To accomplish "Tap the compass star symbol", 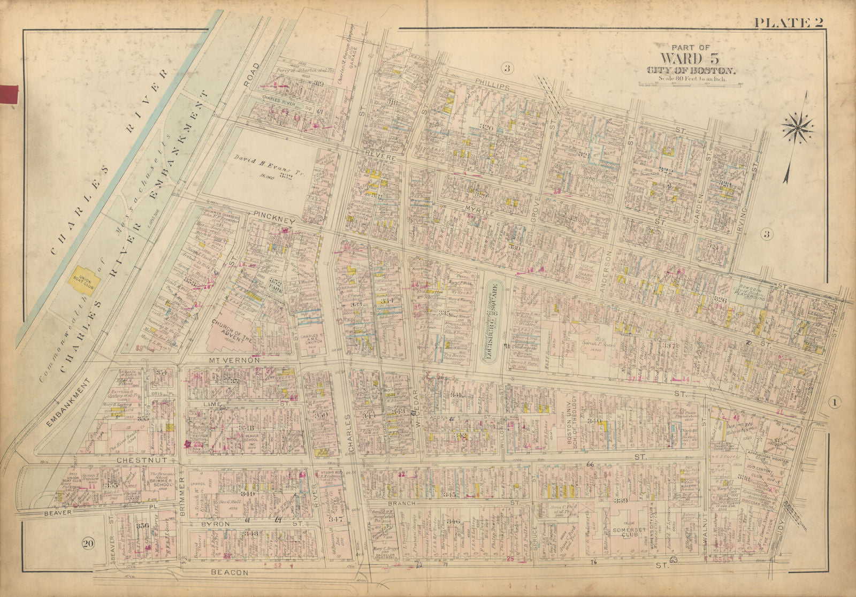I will (x=797, y=127).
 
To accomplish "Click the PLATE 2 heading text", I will (x=788, y=22).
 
